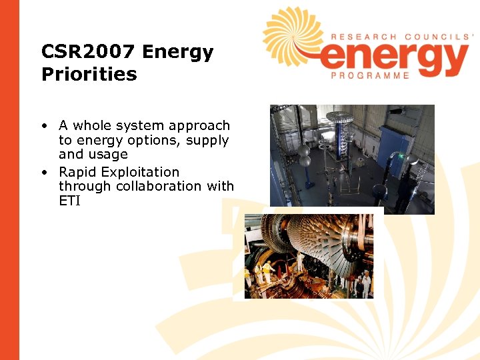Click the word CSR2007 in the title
pyautogui.click(x=88, y=53)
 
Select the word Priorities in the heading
pyautogui.click(x=89, y=74)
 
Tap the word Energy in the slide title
pyautogui.click(x=178, y=53)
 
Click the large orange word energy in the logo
pyautogui.click(x=393, y=58)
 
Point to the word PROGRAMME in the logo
pyautogui.click(x=370, y=76)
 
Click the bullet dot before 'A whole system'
pyautogui.click(x=43, y=126)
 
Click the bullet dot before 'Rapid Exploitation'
pyautogui.click(x=43, y=172)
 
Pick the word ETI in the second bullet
pyautogui.click(x=69, y=201)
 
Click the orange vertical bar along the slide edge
pyautogui.click(x=9, y=180)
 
